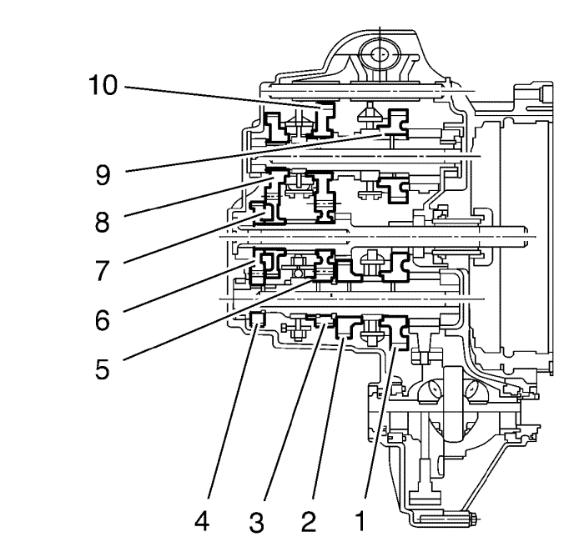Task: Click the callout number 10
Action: [103, 85]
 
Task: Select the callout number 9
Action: [103, 175]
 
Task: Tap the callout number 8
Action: [103, 223]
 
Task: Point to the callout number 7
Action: [103, 271]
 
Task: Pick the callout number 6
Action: [103, 320]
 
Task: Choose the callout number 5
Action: [103, 369]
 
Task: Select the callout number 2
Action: [309, 521]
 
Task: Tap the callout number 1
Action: [360, 521]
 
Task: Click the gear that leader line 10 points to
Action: [324, 119]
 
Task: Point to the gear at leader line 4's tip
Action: [257, 319]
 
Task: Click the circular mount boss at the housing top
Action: [380, 55]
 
